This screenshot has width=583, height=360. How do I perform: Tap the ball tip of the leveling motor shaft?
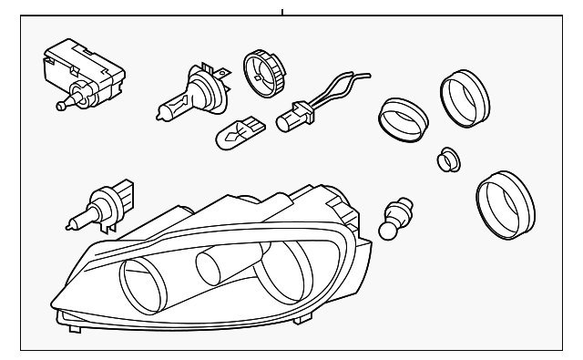[59, 106]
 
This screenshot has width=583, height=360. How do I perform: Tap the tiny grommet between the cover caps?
[447, 159]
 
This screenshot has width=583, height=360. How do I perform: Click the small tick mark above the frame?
[282, 12]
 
